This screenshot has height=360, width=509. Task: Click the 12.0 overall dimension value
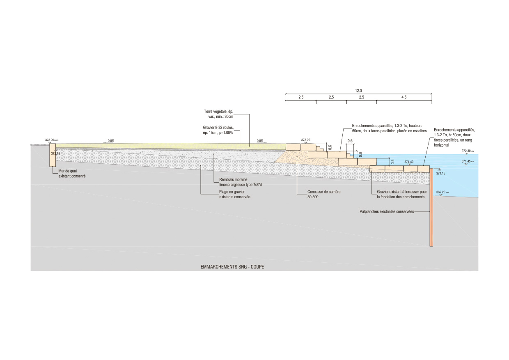coord(358,90)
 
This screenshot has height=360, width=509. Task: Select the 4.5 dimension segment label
coord(404,97)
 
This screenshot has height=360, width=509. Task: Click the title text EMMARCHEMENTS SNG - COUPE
coord(232,267)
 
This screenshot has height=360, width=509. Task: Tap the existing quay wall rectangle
coord(53,155)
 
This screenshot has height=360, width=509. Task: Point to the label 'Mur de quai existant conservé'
coord(72,174)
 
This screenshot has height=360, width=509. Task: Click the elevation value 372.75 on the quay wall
coord(55,154)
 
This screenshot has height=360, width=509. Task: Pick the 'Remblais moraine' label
coord(238,182)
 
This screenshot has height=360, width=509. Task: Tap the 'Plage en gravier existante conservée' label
coord(235,195)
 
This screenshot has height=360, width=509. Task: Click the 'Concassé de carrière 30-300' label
coord(324,194)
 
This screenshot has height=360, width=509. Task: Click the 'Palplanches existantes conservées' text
coord(385,212)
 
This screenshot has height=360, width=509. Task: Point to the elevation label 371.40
coord(408,162)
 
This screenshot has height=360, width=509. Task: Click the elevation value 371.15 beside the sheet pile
coord(441,174)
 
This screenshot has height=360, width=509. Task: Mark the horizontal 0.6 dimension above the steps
coord(350,141)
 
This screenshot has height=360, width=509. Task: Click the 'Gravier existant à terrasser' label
coord(402,194)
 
